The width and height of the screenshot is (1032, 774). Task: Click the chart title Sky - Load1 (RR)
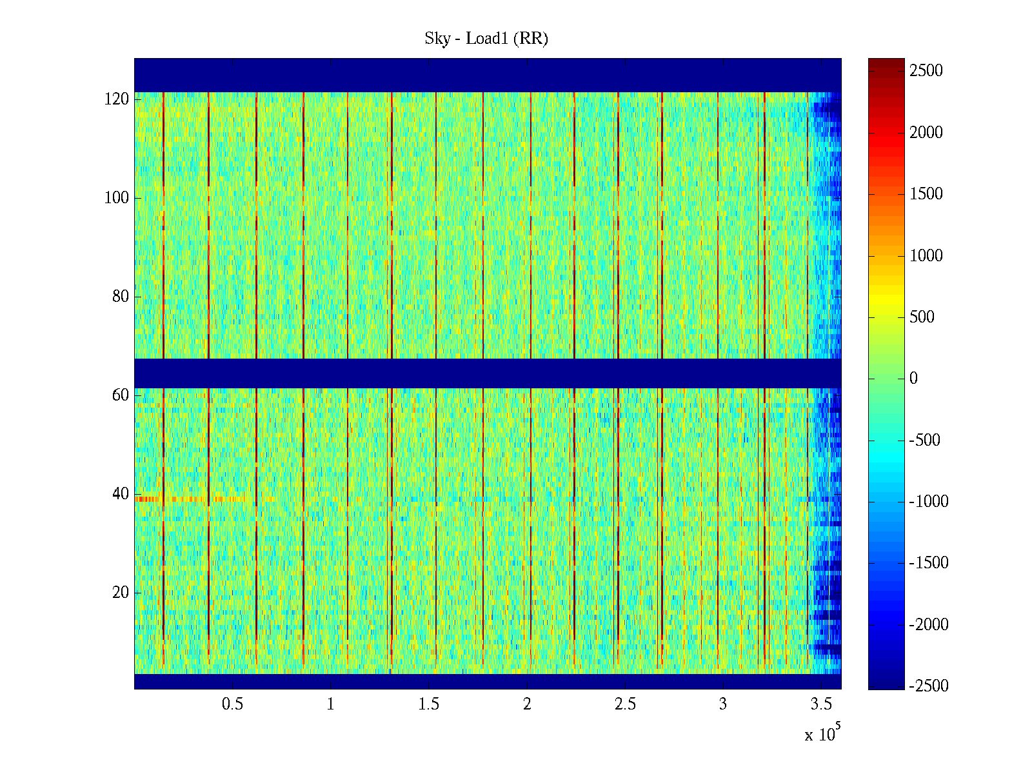click(486, 39)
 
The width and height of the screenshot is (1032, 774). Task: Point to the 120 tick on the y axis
click(117, 99)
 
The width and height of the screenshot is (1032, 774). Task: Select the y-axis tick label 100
click(117, 198)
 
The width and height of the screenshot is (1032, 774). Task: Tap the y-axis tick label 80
click(121, 297)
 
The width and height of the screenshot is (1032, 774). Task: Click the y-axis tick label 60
click(121, 395)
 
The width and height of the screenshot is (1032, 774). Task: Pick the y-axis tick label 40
click(121, 494)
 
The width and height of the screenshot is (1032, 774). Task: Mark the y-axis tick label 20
click(121, 593)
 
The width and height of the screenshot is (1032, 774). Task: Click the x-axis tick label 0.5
click(233, 704)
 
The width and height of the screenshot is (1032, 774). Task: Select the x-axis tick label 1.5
click(429, 704)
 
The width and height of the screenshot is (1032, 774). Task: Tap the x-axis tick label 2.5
click(625, 704)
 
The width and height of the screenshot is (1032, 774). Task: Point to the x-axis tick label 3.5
click(821, 704)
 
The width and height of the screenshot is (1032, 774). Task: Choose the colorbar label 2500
click(926, 71)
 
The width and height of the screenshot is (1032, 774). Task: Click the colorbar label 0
click(913, 379)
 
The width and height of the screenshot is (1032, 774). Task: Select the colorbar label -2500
click(929, 686)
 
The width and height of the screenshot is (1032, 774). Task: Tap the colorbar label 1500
click(926, 194)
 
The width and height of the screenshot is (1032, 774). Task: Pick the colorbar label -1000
click(929, 502)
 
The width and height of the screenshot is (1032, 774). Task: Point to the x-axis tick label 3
click(723, 704)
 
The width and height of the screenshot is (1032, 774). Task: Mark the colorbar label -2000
click(929, 625)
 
